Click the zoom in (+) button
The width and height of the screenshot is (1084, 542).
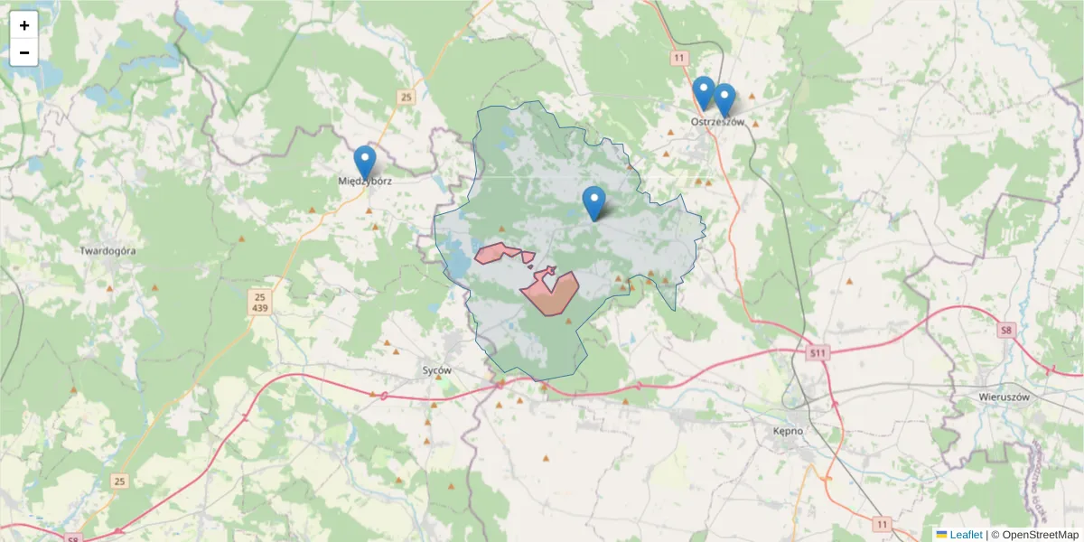(x=24, y=25)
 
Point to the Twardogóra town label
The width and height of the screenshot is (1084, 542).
(x=107, y=251)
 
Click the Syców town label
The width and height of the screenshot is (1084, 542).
(x=436, y=370)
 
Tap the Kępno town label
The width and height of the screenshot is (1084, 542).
(x=788, y=431)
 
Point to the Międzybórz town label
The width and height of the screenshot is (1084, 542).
(x=365, y=181)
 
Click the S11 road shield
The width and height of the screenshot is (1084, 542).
(x=818, y=352)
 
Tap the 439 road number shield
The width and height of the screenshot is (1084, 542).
(x=260, y=309)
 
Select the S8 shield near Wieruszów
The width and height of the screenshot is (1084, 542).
(x=1006, y=331)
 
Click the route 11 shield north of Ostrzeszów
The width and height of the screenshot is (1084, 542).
(x=678, y=57)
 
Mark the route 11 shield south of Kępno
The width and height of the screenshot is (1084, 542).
(x=882, y=524)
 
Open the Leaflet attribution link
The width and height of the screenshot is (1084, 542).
(x=966, y=535)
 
